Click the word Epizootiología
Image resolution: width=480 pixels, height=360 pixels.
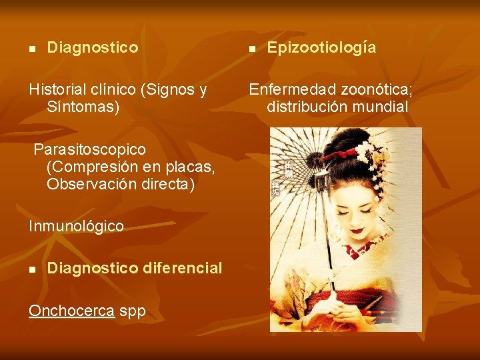pyautogui.click(x=321, y=48)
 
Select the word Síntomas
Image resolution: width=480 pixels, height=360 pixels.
pyautogui.click(x=83, y=107)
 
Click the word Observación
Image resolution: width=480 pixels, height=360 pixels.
pyautogui.click(x=87, y=183)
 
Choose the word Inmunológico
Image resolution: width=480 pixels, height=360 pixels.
pyautogui.click(x=76, y=226)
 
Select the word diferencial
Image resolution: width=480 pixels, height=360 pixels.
pyautogui.click(x=182, y=268)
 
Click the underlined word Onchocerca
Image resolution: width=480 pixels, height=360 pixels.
pyautogui.click(x=71, y=311)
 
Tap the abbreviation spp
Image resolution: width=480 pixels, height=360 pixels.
pyautogui.click(x=133, y=312)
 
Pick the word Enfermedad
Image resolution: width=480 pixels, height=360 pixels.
pyautogui.click(x=293, y=89)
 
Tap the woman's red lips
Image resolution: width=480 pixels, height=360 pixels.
pyautogui.click(x=358, y=231)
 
